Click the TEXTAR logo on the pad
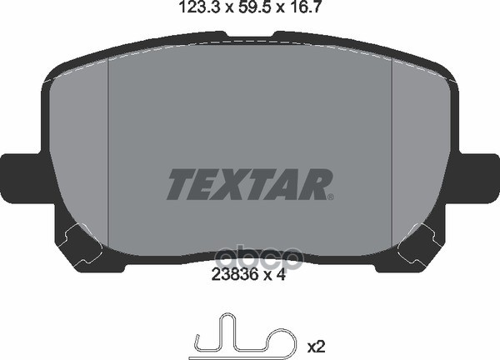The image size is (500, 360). [250, 184]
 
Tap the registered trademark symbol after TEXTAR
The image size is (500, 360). [331, 197]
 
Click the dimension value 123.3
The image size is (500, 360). [199, 7]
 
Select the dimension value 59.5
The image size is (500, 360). [252, 7]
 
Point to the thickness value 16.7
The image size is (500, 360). [301, 7]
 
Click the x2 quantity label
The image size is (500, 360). [316, 347]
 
